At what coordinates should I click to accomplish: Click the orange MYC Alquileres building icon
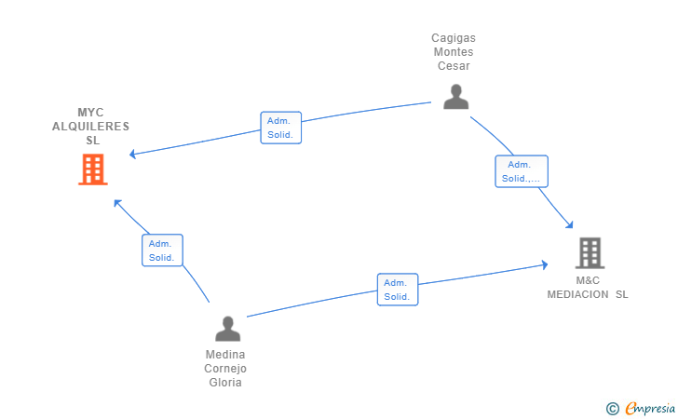(93, 169)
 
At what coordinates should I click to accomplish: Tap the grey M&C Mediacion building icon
(590, 253)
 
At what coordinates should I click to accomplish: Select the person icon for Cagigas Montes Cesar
(455, 97)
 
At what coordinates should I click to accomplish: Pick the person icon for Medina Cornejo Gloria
(227, 329)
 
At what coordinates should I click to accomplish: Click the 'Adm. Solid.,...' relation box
(522, 171)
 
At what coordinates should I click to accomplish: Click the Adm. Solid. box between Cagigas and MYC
(280, 128)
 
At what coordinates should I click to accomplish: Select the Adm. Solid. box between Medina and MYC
(162, 250)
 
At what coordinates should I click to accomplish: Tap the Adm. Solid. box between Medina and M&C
(398, 290)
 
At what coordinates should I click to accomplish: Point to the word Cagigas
(454, 38)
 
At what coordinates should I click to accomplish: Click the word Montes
(454, 52)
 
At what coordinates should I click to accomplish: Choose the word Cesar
(454, 66)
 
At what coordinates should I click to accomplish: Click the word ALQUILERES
(90, 127)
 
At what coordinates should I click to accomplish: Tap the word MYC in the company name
(90, 113)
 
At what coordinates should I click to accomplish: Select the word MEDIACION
(577, 294)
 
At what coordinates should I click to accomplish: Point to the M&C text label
(588, 280)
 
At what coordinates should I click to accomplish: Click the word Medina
(224, 355)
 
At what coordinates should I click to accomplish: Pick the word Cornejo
(224, 369)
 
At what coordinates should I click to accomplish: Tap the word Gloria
(224, 383)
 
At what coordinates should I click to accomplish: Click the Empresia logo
(641, 408)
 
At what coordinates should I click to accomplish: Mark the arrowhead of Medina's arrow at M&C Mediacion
(545, 264)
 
